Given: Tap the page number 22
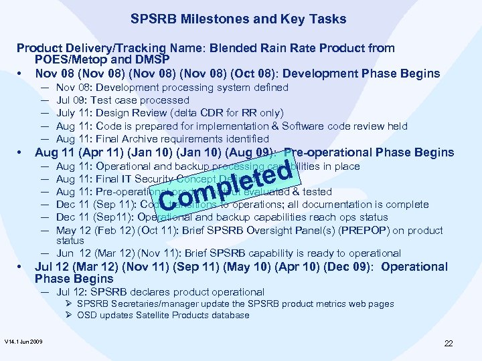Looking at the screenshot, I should (449, 343).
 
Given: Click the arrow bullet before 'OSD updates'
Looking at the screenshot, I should (70, 316).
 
